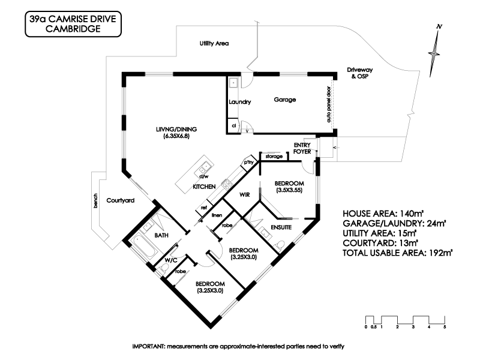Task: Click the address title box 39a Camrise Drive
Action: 73,24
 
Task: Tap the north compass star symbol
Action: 434,53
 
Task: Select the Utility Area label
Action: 214,43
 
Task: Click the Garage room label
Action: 284,100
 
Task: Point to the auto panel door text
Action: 329,104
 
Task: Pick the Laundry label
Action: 239,102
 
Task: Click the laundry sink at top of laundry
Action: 233,83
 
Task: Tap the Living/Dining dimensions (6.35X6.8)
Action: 176,136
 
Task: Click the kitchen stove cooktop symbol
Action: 227,184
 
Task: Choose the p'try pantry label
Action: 248,162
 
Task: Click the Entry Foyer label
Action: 302,148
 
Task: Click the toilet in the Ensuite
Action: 280,245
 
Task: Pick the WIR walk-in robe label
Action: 244,194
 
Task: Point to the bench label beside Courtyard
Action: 95,201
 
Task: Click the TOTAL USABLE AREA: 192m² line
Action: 397,253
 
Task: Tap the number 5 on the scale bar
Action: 445,327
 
